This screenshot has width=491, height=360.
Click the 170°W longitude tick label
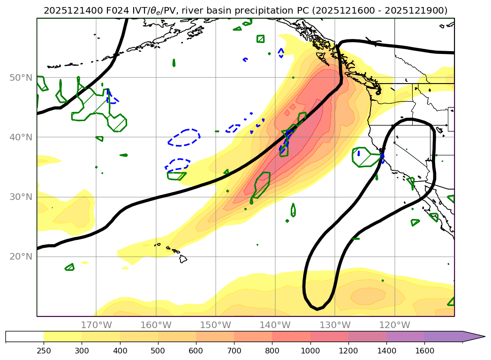96,325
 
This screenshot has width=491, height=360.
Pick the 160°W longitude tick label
156,325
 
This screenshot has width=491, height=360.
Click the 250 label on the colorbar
44,350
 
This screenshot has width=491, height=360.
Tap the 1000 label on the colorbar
310,350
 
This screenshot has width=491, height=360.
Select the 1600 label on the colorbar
424,350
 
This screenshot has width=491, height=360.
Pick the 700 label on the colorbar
234,350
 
